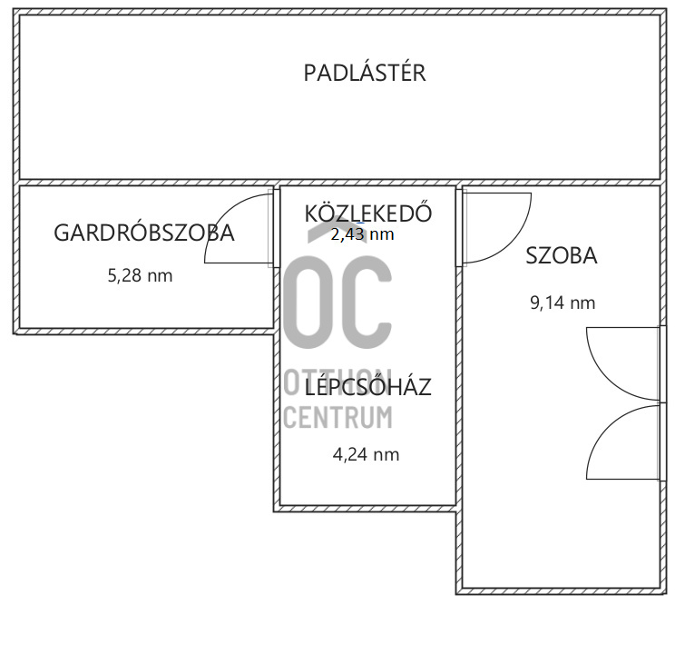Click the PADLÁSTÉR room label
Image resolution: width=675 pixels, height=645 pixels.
tap(364, 74)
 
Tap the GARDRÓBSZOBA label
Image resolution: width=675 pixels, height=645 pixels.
tap(144, 233)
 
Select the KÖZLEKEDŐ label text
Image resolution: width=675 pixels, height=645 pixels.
tap(367, 213)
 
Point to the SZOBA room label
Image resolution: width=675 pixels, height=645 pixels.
tap(562, 256)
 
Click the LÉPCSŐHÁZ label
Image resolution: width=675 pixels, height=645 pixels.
tap(367, 388)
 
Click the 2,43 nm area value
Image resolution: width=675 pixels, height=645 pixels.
tap(362, 234)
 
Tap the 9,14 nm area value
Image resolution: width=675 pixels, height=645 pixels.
tap(562, 303)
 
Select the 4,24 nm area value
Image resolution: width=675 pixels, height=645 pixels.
tap(367, 455)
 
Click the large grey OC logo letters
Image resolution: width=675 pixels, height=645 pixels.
tap(338, 300)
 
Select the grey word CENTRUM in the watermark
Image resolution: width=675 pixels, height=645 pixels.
tap(338, 418)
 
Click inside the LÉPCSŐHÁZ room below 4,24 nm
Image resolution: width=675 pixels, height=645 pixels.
tap(367, 481)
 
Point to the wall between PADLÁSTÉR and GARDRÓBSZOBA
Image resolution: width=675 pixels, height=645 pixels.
tap(145, 182)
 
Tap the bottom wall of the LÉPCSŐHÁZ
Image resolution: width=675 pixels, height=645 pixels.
tap(367, 506)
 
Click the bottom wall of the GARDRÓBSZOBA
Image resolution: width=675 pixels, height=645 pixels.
tap(145, 330)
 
